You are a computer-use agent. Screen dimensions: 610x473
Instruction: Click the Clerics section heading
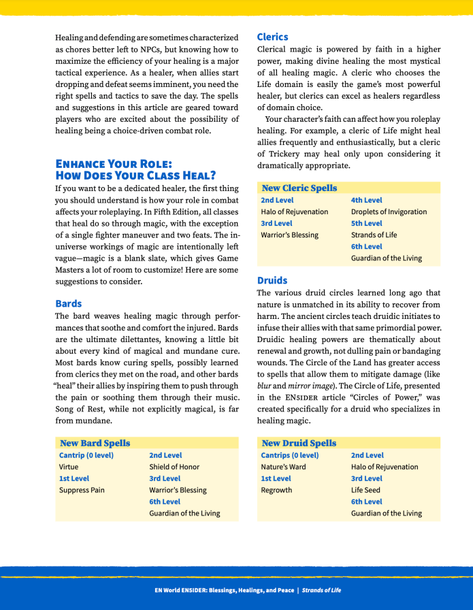click(272, 37)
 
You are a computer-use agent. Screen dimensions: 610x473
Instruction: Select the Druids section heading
click(272, 280)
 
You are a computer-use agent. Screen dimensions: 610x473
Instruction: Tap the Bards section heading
click(68, 303)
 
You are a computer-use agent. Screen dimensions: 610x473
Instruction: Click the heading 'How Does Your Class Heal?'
click(135, 175)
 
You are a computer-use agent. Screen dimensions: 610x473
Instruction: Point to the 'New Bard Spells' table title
click(95, 443)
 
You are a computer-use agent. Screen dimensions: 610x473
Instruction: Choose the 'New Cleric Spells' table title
click(299, 188)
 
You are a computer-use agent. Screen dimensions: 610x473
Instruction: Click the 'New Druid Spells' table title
click(299, 443)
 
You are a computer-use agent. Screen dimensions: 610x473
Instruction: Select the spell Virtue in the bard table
click(69, 467)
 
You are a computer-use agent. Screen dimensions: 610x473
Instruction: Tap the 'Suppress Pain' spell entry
click(82, 490)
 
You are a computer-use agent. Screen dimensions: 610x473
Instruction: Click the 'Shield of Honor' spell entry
click(174, 467)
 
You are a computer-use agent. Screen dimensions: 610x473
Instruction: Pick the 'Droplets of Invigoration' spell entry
click(389, 211)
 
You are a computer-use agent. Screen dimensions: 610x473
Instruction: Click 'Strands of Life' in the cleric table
click(374, 235)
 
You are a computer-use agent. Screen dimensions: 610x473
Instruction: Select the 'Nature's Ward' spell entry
click(283, 467)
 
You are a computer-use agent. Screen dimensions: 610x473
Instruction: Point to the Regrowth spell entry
click(276, 490)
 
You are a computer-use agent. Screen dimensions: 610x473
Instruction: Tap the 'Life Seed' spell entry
click(365, 490)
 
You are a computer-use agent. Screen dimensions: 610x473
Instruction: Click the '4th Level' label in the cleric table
click(366, 200)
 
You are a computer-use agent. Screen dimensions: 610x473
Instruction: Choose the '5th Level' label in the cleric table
click(366, 223)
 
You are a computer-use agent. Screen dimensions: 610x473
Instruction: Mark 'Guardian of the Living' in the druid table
click(386, 513)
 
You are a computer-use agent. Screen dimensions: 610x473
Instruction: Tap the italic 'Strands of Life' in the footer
click(321, 590)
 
